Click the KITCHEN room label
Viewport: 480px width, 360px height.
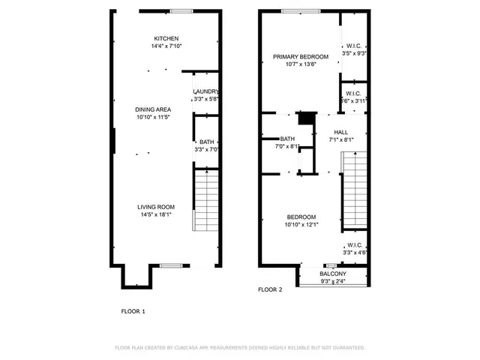point(166,39)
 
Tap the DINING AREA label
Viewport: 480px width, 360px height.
point(154,109)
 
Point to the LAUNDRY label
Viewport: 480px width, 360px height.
point(205,91)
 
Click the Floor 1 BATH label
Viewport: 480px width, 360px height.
point(205,142)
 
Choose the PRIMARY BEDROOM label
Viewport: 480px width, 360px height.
point(300,56)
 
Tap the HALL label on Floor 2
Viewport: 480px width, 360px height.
point(341,132)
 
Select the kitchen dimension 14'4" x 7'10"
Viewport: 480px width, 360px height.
point(166,47)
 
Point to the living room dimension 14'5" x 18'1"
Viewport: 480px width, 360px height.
point(155,214)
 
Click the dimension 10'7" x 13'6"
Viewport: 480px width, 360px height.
point(300,64)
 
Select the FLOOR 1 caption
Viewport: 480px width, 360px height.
point(133,310)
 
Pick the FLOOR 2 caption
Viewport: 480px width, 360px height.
point(271,289)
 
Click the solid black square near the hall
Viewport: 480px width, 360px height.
point(305,118)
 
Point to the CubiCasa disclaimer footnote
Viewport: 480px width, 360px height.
point(240,348)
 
